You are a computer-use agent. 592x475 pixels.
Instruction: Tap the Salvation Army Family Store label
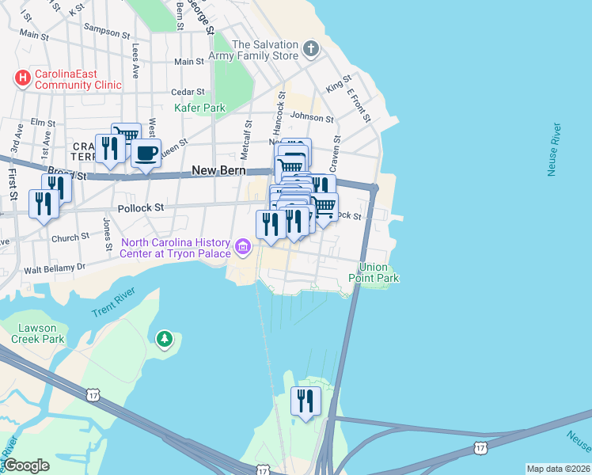point(254,51)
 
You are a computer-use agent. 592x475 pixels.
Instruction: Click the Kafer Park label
point(200,108)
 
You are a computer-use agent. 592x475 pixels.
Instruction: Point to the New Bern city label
point(218,171)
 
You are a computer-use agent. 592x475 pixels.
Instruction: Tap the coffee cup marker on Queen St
point(145,153)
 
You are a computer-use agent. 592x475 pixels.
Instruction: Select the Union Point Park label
point(379,272)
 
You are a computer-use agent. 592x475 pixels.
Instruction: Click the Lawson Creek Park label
point(37,333)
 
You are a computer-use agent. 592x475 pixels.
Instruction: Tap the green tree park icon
point(165,340)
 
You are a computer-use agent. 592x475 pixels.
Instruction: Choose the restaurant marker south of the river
point(304,401)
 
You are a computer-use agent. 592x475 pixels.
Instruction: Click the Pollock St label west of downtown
point(140,207)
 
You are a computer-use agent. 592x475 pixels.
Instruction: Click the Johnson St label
point(312,117)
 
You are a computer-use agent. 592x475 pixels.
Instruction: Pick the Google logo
point(26,465)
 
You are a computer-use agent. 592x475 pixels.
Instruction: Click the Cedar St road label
point(188,92)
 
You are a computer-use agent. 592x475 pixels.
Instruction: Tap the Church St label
point(70,237)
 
